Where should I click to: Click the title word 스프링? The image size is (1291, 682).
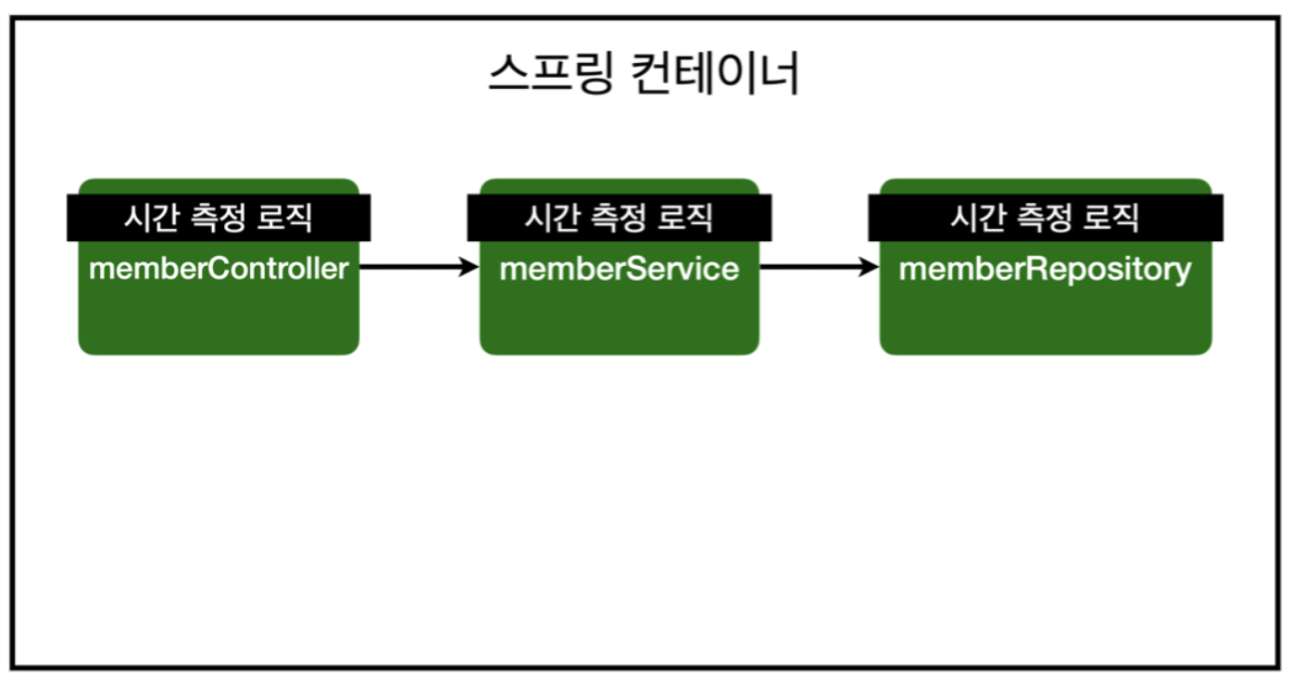[x=549, y=74]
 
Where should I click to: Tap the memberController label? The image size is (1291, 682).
[x=219, y=269]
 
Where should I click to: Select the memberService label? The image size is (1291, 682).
[x=619, y=269]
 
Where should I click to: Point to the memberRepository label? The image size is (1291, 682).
[x=1045, y=270]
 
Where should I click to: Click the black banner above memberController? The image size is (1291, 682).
[x=219, y=218]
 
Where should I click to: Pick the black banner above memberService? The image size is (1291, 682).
[x=619, y=218]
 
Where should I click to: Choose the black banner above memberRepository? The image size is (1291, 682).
[x=1045, y=218]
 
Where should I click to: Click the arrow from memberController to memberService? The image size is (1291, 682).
[x=412, y=267]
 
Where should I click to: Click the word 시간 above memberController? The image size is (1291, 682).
[x=151, y=218]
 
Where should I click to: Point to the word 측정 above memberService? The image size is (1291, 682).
[x=619, y=218]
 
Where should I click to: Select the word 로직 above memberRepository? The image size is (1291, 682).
[x=1111, y=218]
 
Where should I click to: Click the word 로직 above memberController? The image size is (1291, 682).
[x=285, y=218]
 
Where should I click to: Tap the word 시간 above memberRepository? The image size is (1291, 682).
[x=978, y=218]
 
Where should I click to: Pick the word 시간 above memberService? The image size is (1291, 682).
[x=552, y=218]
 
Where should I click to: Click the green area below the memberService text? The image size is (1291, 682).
[x=619, y=320]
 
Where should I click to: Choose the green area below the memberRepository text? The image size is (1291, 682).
[x=1045, y=320]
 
